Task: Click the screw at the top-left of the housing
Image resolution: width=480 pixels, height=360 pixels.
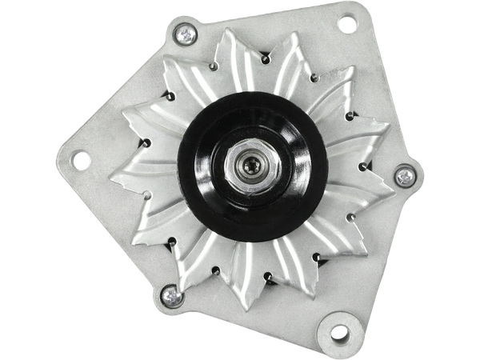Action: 186,34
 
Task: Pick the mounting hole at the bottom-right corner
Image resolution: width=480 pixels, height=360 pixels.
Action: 338,332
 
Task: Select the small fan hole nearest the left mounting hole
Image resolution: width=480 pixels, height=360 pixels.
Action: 146,145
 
